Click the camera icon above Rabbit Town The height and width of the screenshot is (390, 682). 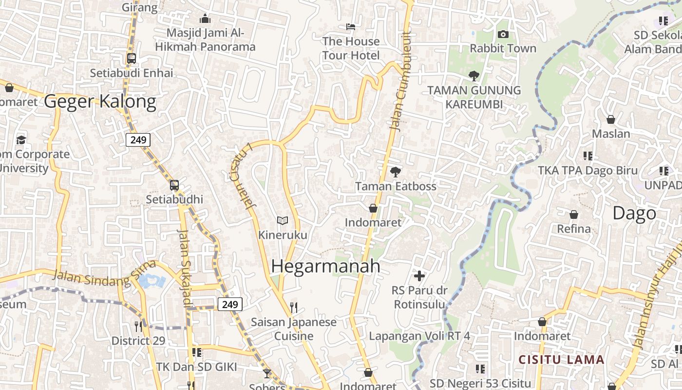(x=503, y=34)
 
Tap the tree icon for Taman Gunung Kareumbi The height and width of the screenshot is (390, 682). (x=474, y=76)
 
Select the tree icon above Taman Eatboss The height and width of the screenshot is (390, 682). (x=396, y=172)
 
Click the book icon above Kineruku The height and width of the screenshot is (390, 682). (x=283, y=221)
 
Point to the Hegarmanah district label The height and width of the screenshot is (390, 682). (x=325, y=266)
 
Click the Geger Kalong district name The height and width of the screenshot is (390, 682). (x=100, y=101)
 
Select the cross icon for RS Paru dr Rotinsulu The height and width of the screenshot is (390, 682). (x=419, y=276)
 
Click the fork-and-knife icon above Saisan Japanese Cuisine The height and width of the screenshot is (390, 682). (x=293, y=307)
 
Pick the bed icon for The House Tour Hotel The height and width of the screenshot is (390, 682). (x=350, y=27)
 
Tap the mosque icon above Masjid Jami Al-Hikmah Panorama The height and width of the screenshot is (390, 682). (x=205, y=19)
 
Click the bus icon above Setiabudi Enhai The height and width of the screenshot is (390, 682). (x=131, y=58)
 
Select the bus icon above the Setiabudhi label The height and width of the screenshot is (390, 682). (x=174, y=185)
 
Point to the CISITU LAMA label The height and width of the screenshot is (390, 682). (x=561, y=360)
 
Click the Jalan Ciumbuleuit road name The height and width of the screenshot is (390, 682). (x=400, y=80)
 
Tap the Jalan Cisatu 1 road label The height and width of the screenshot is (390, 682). (x=242, y=176)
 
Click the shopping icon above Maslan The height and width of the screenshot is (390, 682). (x=610, y=119)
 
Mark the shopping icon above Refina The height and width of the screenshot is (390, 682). (x=574, y=214)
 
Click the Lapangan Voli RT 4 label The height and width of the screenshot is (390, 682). (x=419, y=336)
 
